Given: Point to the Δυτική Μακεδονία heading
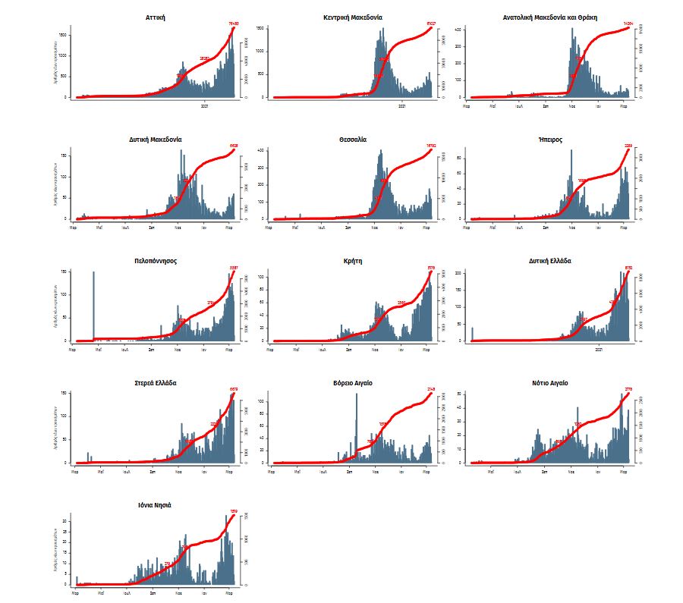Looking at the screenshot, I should click(x=156, y=140).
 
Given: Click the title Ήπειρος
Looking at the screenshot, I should click(x=550, y=140).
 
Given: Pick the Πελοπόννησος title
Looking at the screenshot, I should click(x=156, y=261).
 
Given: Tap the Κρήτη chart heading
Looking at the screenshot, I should click(x=353, y=261).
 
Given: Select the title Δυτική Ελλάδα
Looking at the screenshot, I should click(x=550, y=261).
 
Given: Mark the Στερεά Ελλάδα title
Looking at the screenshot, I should click(x=156, y=383).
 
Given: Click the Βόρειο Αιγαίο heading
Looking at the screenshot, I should click(x=353, y=383).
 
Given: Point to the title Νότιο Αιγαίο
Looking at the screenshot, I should click(x=550, y=383).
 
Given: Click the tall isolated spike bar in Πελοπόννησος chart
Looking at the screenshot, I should click(x=94, y=303).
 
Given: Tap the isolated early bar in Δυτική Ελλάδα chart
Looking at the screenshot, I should click(x=472, y=334).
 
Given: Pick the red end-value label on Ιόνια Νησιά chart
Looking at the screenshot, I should click(x=234, y=512).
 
